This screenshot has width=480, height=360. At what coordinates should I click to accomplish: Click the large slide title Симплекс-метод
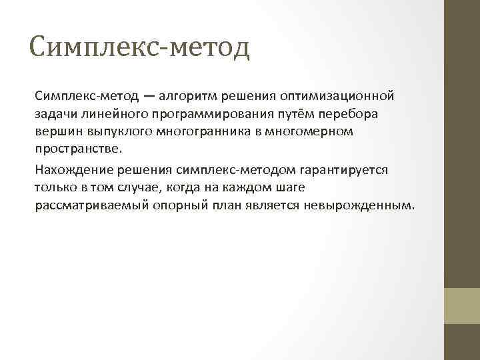click(x=139, y=48)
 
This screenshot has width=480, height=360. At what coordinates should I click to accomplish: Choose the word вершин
click(x=56, y=131)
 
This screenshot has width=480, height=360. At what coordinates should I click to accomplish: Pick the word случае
click(x=145, y=187)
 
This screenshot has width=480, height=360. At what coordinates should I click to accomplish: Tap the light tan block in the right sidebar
click(x=462, y=305)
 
